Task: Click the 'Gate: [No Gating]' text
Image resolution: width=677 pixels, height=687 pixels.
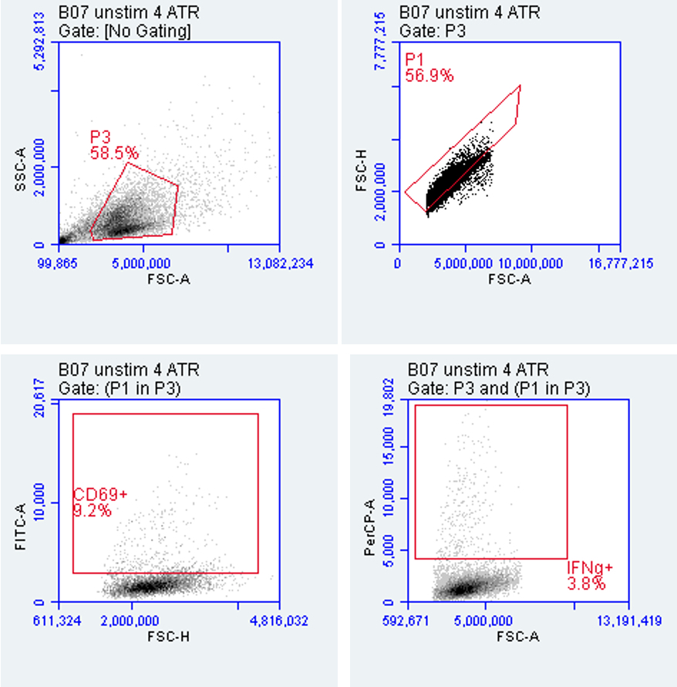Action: click(125, 30)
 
